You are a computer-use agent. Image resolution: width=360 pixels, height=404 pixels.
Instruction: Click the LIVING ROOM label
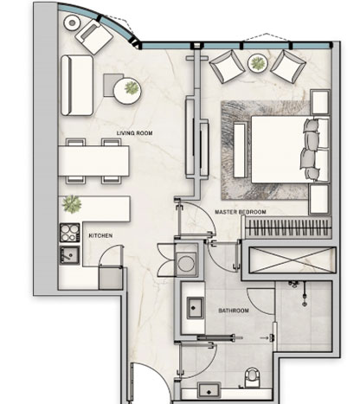coord(134,133)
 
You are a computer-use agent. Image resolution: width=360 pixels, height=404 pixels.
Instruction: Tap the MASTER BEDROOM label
coord(241,212)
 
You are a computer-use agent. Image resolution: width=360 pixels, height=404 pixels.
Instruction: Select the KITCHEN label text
coord(100,235)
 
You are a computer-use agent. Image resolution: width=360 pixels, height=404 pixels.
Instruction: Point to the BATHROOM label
coord(234,311)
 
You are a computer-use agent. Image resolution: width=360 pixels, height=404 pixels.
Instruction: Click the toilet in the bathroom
coord(252,377)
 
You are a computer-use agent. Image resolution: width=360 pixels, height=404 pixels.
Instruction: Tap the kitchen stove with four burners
coord(70,233)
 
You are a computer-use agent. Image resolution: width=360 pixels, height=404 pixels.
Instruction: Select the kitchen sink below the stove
coord(69,255)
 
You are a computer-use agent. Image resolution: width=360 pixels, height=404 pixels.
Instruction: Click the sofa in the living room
coord(77,86)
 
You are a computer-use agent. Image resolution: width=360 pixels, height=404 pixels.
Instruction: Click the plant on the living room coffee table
coord(132,87)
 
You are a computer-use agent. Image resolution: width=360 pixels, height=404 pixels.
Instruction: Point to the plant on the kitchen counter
coord(72,203)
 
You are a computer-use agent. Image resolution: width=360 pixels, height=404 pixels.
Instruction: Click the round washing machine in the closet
coord(186,263)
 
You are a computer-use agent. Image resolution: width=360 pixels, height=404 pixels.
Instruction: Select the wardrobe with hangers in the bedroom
coord(288,228)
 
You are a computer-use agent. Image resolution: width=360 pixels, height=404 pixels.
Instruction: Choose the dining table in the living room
coord(93,161)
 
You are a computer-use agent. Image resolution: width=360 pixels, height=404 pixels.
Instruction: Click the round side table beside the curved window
coord(72,22)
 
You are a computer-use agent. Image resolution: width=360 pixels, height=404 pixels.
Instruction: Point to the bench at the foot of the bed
coord(240,150)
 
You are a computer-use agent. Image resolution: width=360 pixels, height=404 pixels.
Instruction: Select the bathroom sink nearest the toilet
coord(209,390)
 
